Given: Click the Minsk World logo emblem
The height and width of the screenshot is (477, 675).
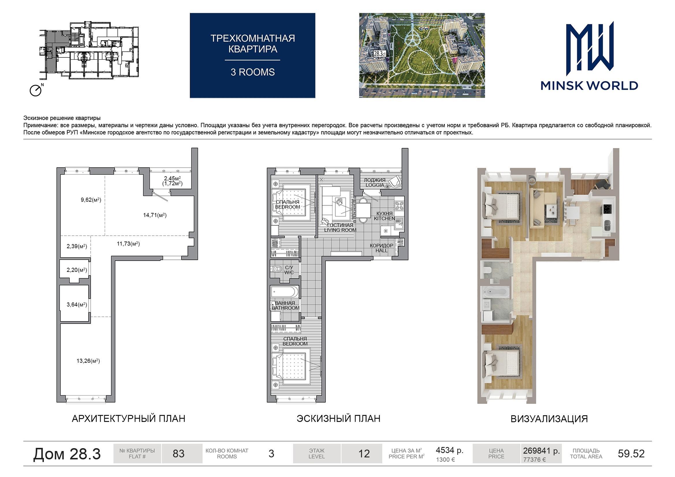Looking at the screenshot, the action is (590, 48).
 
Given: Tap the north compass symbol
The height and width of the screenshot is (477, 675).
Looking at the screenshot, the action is (36, 90).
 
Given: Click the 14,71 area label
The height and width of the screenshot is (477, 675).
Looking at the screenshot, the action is (155, 215).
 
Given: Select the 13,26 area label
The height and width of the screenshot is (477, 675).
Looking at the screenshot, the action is (88, 361).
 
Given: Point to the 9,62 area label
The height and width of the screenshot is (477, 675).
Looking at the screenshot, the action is (91, 200).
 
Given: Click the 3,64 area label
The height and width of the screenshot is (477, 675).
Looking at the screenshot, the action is (77, 304).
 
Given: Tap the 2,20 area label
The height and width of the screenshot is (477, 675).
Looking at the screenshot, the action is (77, 270).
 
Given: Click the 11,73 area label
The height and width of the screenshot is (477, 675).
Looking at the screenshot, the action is (128, 244).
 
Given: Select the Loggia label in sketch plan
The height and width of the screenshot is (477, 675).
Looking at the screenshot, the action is (374, 182).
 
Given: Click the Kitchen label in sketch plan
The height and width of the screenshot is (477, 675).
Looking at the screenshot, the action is (385, 216).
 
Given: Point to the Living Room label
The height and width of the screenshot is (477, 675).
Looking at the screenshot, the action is (340, 227).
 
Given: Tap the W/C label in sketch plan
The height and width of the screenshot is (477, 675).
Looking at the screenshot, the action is (289, 270).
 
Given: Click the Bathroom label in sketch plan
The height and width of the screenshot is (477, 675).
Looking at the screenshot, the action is (286, 305).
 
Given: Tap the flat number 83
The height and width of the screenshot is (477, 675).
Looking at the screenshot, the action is (178, 454).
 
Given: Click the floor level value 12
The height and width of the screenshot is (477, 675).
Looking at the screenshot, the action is (364, 454).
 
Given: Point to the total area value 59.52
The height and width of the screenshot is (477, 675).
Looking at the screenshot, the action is (631, 454).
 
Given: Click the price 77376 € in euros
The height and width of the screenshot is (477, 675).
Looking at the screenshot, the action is (534, 460).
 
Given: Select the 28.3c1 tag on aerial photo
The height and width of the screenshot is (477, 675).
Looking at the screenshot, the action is (380, 54).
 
